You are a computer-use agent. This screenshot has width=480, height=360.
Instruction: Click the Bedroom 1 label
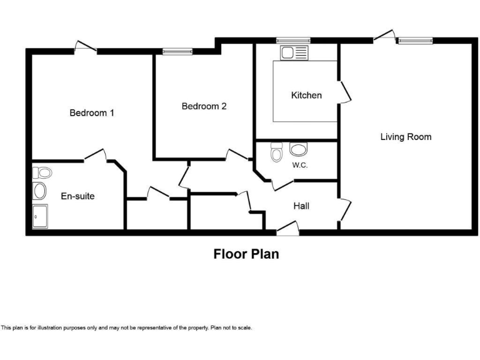coord(91,113)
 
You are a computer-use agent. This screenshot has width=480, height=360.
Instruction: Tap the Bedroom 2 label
coord(204,106)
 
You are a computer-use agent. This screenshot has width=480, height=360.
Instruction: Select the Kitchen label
coord(306,96)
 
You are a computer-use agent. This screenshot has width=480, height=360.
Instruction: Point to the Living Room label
coord(406,137)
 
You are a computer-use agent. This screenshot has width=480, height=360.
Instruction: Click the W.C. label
coord(299,166)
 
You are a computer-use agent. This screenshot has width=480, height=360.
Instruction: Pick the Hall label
coord(301,206)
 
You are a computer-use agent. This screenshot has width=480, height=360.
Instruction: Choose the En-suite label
coord(77,196)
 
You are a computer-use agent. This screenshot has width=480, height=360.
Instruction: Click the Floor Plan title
coord(246,254)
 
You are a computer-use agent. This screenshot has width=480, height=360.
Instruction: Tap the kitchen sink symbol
coord(295,52)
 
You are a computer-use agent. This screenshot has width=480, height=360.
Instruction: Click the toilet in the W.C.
coord(276,153)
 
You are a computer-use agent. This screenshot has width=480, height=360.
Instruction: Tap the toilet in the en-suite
coord(42,172)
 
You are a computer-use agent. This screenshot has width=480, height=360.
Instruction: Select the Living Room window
coord(415,41)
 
